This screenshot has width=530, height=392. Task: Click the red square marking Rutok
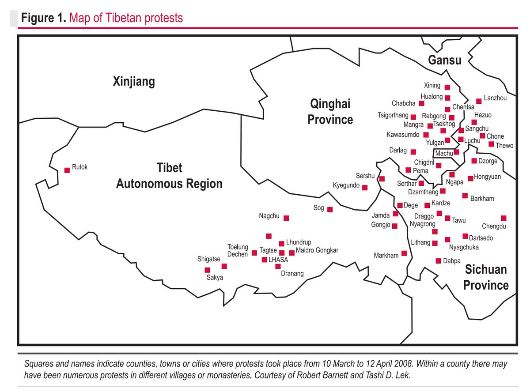67,170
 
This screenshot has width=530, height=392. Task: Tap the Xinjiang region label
134,82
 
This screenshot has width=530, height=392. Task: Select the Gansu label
445,60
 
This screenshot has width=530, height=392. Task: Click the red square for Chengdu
503,218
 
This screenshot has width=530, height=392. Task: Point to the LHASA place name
278,260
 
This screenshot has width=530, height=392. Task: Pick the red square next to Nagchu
286,218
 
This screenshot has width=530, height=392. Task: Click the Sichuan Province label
485,277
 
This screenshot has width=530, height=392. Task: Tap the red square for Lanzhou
478,101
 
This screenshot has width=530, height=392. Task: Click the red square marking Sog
329,209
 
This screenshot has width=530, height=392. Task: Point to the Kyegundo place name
346,185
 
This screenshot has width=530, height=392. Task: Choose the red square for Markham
404,254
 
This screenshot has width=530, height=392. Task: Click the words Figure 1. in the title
44,18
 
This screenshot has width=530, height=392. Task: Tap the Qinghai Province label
330,112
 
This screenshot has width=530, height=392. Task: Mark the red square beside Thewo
491,144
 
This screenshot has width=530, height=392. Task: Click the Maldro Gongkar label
317,250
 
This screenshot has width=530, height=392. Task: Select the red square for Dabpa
439,261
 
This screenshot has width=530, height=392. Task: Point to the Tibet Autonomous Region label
169,176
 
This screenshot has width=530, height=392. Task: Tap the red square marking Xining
447,87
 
